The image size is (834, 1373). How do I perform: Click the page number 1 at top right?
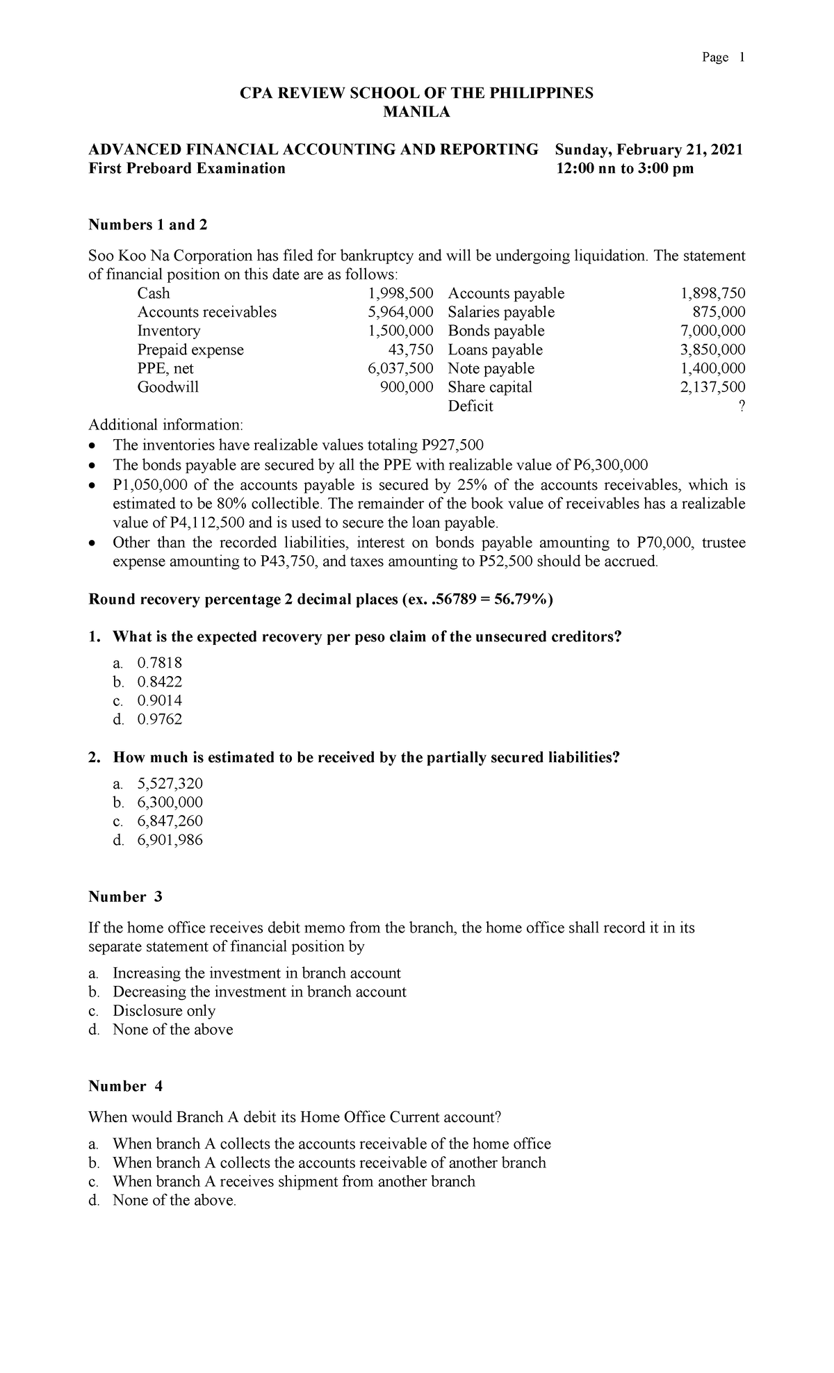coord(741,58)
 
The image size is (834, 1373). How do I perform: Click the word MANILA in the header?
coord(416,113)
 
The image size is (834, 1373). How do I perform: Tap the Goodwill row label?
coord(168,387)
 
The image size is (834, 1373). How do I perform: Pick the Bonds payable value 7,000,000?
coord(712,331)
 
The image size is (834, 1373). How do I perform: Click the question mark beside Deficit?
coord(742,406)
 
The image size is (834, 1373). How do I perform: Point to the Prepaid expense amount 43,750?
coord(411,350)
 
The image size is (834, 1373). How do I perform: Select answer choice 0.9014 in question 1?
coord(160,700)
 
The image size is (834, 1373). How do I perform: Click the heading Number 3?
coord(125,897)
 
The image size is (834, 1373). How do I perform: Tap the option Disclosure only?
coord(164,1010)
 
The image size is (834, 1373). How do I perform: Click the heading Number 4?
coord(125,1086)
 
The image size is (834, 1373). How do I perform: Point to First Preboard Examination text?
coord(187,169)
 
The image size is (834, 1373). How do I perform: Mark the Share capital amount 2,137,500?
coord(712,387)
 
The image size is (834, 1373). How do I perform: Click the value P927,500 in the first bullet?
coord(452,445)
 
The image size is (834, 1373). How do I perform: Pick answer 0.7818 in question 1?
coord(160,663)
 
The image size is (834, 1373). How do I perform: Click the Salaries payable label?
coord(501,312)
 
